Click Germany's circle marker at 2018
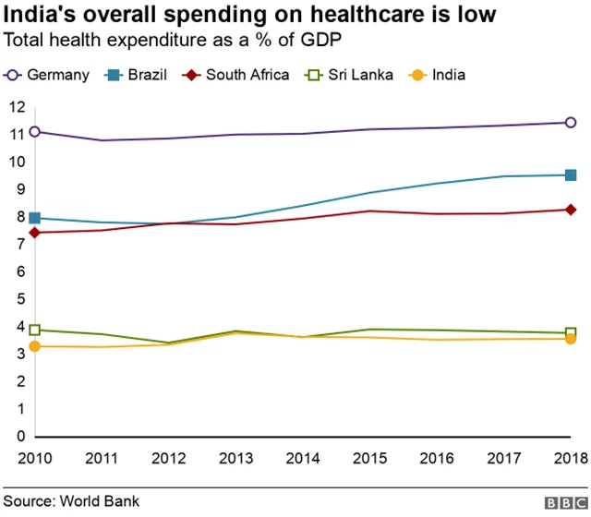pyautogui.click(x=571, y=122)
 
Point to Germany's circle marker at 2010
pyautogui.click(x=35, y=131)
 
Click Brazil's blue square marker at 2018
pyautogui.click(x=571, y=175)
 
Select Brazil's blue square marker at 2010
pyautogui.click(x=35, y=218)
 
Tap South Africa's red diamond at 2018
pyautogui.click(x=571, y=210)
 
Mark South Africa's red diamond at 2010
pyautogui.click(x=35, y=233)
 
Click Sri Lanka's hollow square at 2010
pyautogui.click(x=35, y=330)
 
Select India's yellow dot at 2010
pyautogui.click(x=35, y=346)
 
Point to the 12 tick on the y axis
pyautogui.click(x=16, y=107)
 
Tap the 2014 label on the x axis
pyautogui.click(x=303, y=459)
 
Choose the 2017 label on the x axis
pyautogui.click(x=503, y=459)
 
